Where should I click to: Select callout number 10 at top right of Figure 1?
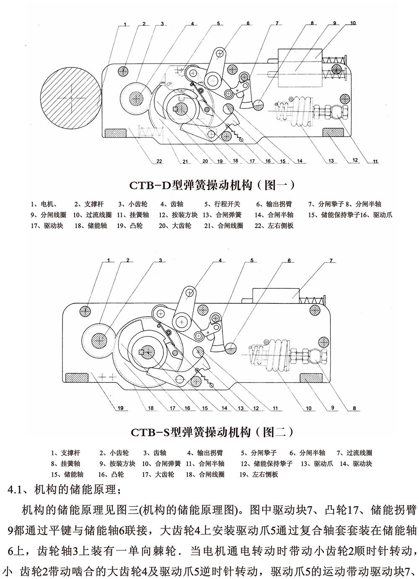pos(353,23)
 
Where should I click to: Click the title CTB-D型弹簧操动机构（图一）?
pos(212,184)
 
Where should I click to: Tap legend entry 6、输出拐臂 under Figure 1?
pos(274,204)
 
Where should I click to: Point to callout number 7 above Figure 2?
pos(331,261)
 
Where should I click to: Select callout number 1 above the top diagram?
pos(125,25)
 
